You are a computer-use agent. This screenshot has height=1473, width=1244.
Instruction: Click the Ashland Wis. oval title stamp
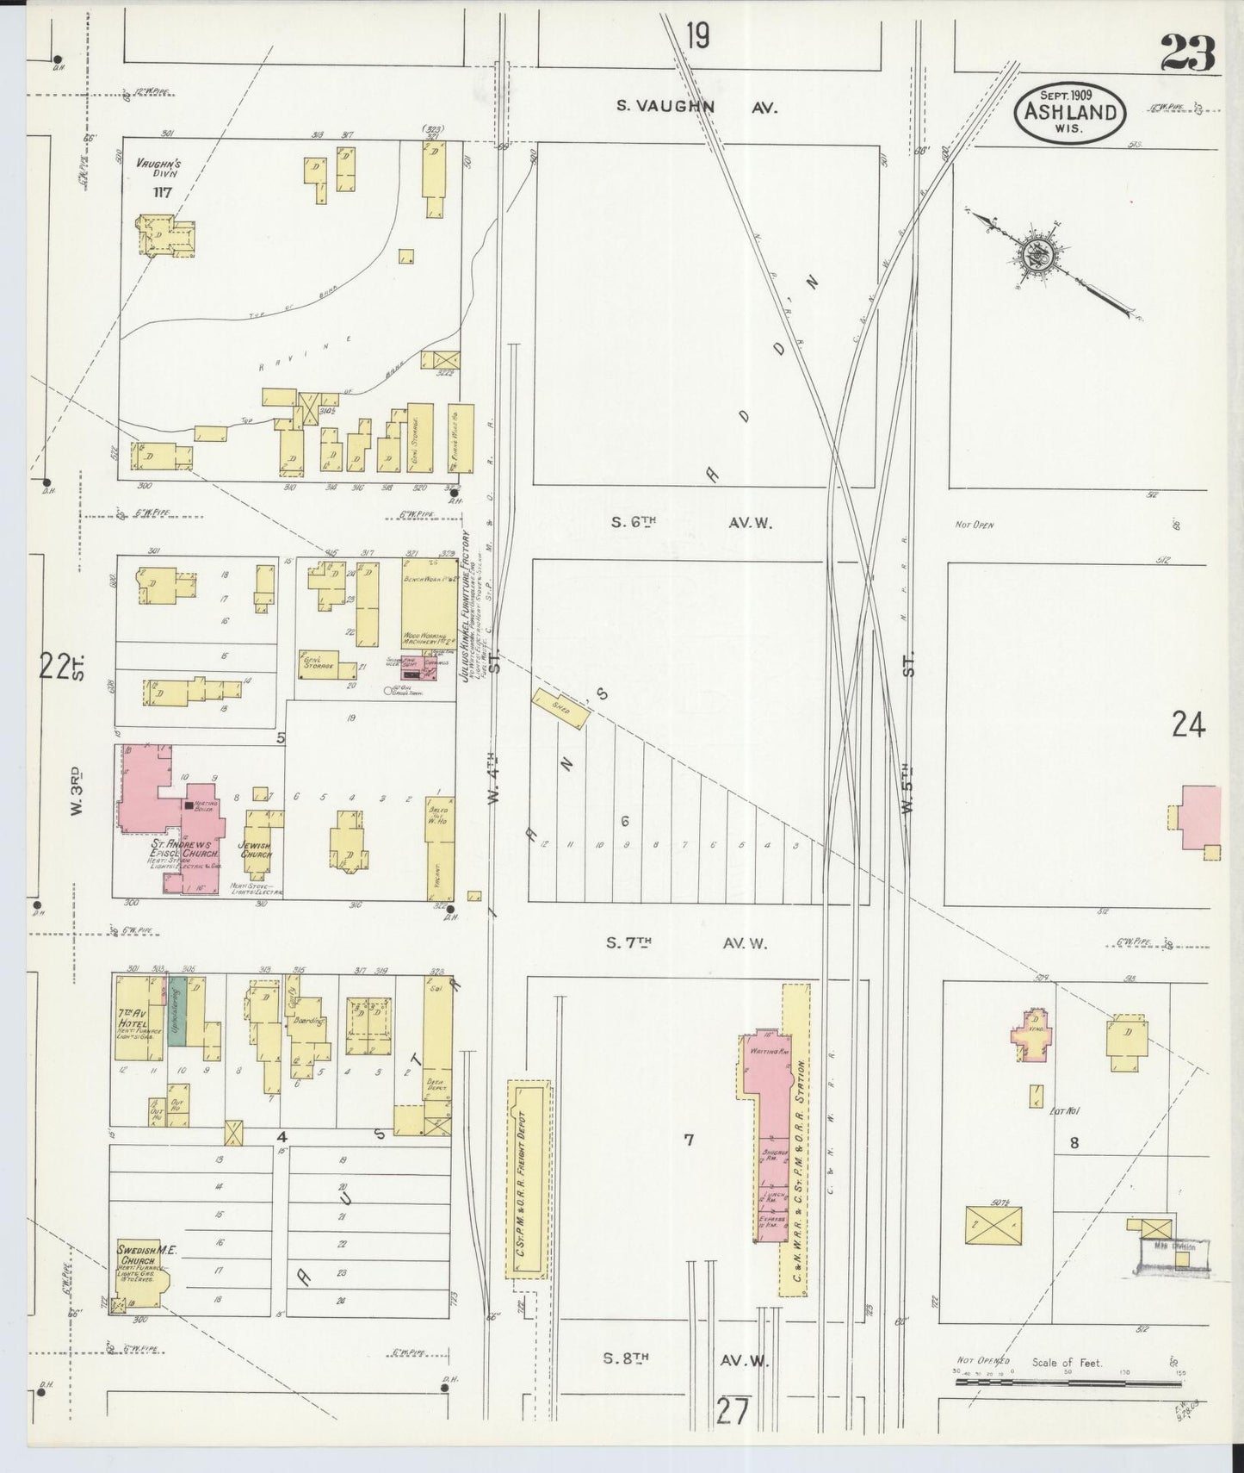pos(1070,112)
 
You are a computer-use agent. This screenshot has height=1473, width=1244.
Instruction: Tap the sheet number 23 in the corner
pos(1186,53)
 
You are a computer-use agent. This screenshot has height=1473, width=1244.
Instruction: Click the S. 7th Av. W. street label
pos(685,943)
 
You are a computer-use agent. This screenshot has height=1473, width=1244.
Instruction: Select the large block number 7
pos(688,1140)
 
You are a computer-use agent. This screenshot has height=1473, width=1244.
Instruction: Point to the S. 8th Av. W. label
pos(685,1359)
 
